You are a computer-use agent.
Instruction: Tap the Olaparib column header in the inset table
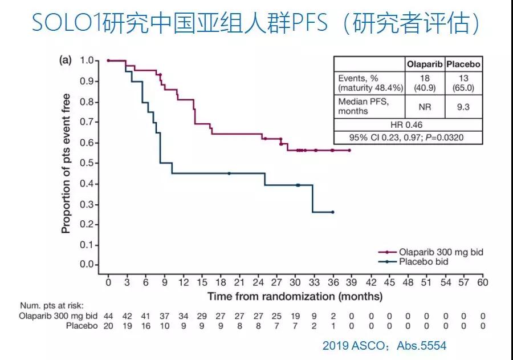424,64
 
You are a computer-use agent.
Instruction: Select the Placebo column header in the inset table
462,64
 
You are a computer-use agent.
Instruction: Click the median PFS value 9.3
462,107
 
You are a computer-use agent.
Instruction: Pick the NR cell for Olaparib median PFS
424,107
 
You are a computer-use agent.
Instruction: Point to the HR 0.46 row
408,124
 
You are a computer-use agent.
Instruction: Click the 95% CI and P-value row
408,137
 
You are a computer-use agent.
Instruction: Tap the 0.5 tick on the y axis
86,163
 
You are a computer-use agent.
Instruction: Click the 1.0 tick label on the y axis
86,60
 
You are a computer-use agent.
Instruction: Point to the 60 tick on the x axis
482,282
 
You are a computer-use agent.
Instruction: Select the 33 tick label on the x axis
314,282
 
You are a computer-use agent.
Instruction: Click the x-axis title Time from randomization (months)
295,296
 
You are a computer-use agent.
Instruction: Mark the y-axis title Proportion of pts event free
66,163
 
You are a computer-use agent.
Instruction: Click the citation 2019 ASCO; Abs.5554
384,346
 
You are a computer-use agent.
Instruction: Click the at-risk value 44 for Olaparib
108,316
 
